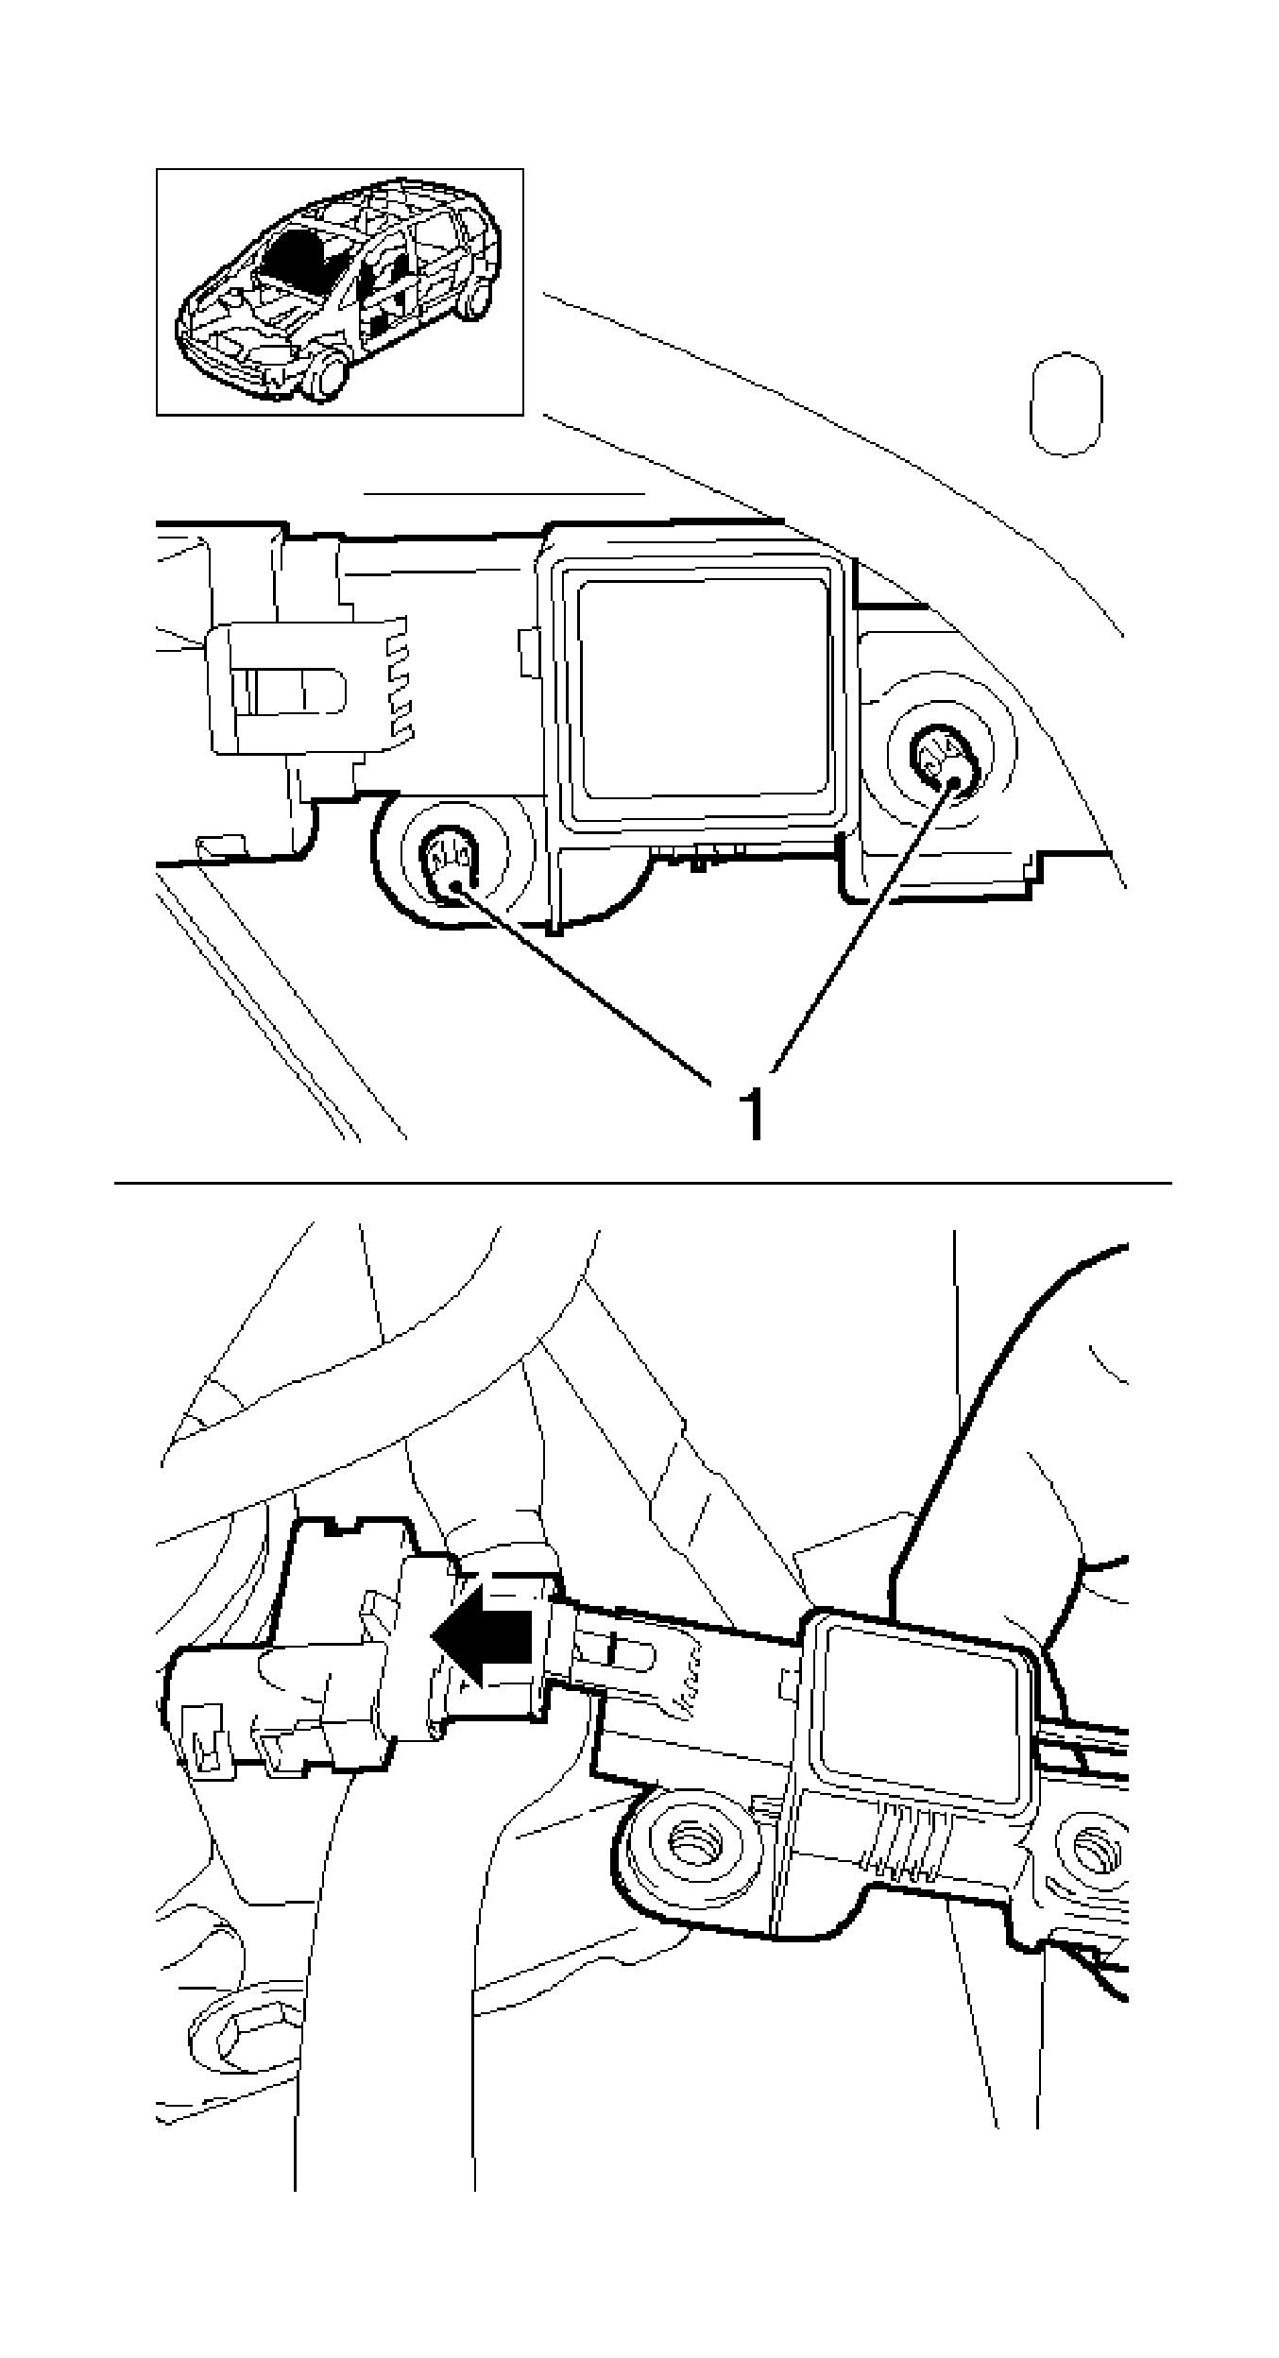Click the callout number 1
pos(753,1114)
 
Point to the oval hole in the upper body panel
pos(1066,403)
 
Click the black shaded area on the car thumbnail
pos(296,255)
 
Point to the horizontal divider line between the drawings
pos(642,1183)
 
